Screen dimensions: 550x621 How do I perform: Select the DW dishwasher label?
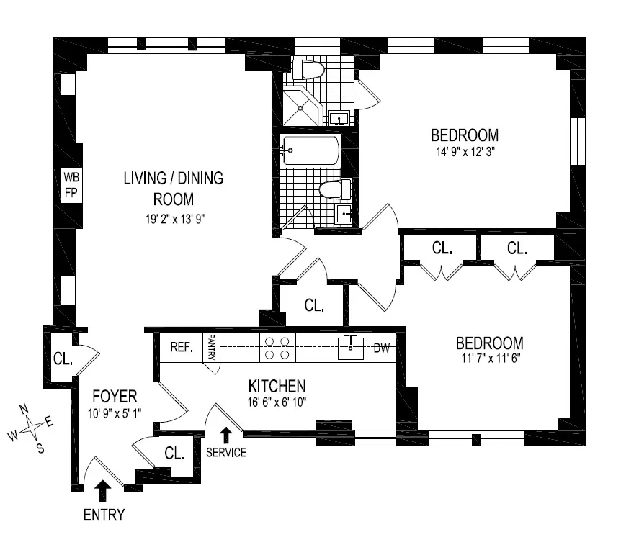click(x=381, y=349)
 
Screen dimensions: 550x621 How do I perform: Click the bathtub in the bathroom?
click(x=310, y=151)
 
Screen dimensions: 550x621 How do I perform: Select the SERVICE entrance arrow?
click(x=226, y=434)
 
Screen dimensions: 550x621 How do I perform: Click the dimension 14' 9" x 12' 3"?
click(x=464, y=152)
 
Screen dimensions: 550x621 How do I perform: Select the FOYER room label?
click(x=114, y=397)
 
